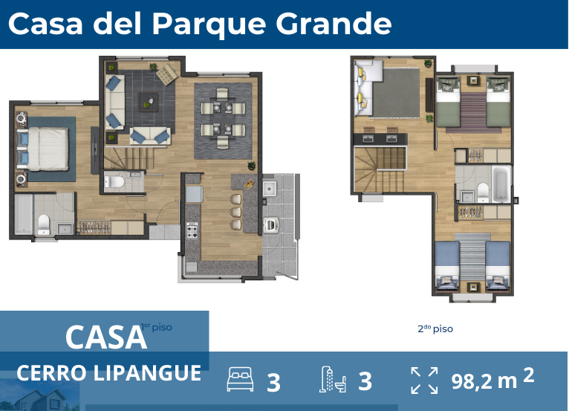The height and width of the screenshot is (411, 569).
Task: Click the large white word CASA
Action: (x=105, y=337)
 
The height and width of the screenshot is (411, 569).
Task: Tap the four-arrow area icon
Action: (x=424, y=380)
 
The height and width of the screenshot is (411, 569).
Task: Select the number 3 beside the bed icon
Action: (x=273, y=382)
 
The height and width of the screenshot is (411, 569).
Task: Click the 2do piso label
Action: (x=435, y=329)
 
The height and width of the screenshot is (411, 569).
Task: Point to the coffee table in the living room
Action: (x=152, y=100)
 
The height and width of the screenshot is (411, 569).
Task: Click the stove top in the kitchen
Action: (x=192, y=230)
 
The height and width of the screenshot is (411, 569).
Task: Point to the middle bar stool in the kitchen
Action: (x=237, y=213)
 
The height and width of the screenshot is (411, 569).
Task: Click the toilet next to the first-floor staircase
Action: (x=116, y=181)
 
